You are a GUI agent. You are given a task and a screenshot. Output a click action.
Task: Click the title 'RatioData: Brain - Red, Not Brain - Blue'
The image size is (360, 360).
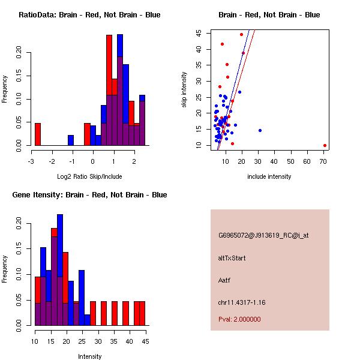(89, 15)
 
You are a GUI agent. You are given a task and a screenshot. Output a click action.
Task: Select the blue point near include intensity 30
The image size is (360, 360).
(260, 130)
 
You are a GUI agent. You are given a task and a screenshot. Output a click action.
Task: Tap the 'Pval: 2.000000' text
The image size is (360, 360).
(239, 319)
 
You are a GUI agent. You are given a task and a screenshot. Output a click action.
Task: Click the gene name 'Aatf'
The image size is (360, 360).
(225, 280)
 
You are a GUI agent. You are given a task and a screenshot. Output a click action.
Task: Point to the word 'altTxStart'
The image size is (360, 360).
(232, 258)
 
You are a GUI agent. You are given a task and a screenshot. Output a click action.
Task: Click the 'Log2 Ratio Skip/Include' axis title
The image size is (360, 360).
(89, 176)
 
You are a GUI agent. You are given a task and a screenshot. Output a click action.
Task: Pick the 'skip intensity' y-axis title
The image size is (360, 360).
(184, 90)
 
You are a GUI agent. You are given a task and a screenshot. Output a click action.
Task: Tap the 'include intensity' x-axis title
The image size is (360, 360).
(269, 176)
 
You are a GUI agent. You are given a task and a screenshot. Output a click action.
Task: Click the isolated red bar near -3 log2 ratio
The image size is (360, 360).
(38, 134)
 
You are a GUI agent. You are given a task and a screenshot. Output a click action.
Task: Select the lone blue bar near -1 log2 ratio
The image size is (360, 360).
(71, 140)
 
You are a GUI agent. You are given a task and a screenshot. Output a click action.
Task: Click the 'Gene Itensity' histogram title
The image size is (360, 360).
(89, 195)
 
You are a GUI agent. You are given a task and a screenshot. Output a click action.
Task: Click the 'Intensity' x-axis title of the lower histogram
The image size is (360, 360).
(89, 356)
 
